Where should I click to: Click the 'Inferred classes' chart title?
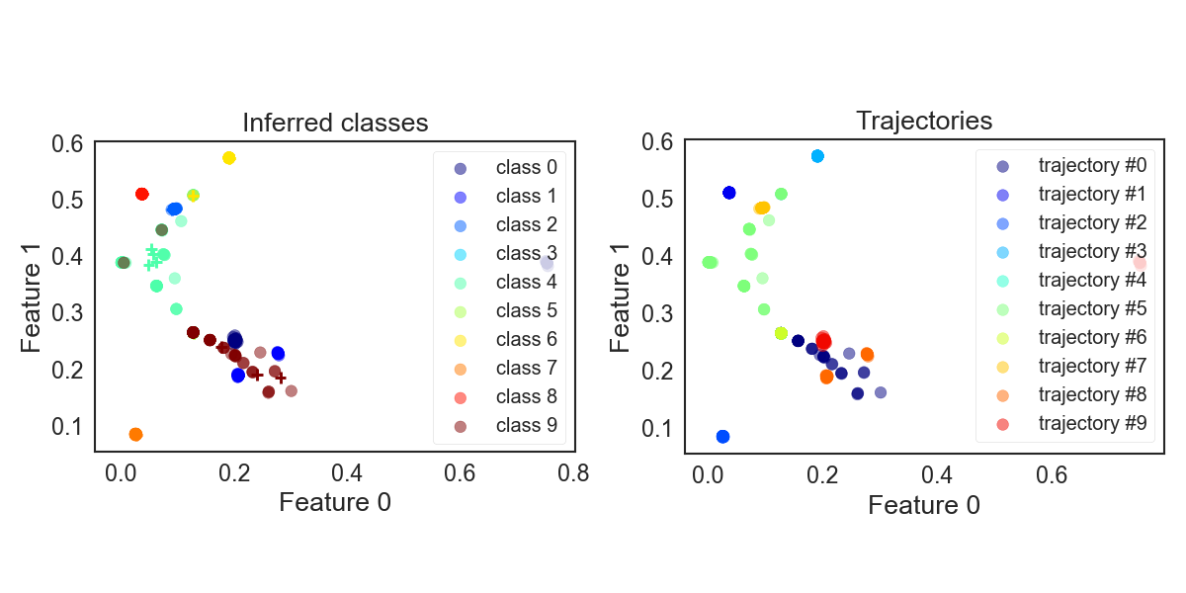click(x=335, y=124)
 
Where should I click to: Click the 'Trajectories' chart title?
click(x=924, y=122)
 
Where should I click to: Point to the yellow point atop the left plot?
click(x=229, y=158)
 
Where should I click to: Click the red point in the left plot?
click(x=141, y=194)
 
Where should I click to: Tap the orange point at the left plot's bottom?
click(x=135, y=434)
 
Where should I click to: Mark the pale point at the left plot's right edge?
click(x=547, y=263)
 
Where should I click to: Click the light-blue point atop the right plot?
click(x=817, y=156)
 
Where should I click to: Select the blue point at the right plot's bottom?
click(x=722, y=437)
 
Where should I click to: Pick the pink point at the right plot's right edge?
click(x=1140, y=263)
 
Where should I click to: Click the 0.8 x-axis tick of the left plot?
click(x=573, y=473)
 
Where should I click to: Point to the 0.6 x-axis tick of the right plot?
click(x=1052, y=475)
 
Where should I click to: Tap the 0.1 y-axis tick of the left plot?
click(x=68, y=426)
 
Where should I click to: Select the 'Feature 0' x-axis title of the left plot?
click(x=335, y=503)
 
